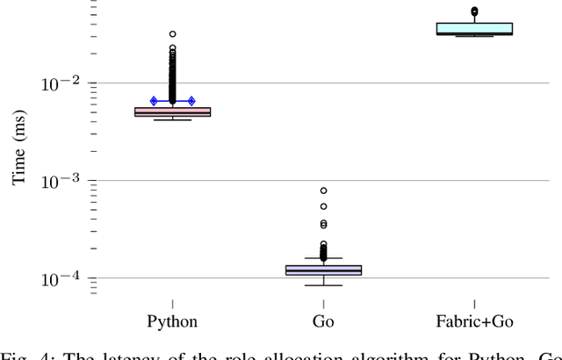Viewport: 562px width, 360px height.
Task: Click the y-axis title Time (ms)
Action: tap(18, 150)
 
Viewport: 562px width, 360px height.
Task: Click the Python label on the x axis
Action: tap(172, 321)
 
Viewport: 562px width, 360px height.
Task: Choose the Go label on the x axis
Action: tap(323, 321)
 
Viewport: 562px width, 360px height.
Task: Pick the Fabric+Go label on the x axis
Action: tap(474, 321)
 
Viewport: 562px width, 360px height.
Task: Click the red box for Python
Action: tap(172, 112)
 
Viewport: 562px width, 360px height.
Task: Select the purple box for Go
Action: tap(323, 270)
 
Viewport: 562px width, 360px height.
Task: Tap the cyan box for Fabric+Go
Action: tap(474, 29)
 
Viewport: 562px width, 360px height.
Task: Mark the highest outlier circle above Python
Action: tap(172, 34)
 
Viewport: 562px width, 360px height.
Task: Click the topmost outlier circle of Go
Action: tap(323, 191)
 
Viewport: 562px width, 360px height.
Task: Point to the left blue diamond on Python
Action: tap(154, 101)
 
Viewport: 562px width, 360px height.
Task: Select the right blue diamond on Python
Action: tap(191, 101)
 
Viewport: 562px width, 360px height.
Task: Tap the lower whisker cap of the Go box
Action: tap(323, 285)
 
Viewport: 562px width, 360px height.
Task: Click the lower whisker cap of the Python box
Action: tap(172, 119)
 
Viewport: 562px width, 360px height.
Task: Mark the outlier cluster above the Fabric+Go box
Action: tap(474, 12)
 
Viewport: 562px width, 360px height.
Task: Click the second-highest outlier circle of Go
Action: tap(323, 206)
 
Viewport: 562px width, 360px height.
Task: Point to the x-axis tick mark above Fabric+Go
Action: tap(474, 304)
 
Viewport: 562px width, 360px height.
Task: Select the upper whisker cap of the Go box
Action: tap(323, 258)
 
